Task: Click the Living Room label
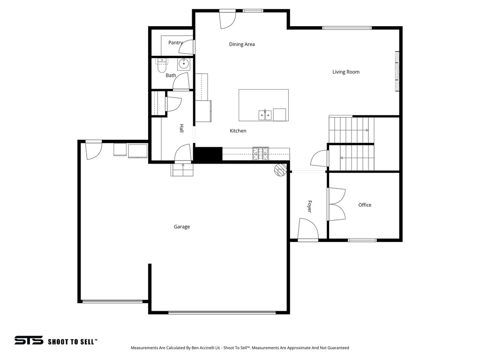[x=345, y=72]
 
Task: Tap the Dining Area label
[x=242, y=45]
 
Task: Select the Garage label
[x=182, y=227]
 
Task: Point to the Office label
[x=365, y=205]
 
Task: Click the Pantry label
[x=175, y=43]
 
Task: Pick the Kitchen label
[x=238, y=131]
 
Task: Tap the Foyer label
[x=309, y=206]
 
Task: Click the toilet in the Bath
[x=162, y=66]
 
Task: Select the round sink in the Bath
[x=184, y=64]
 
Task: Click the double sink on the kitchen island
[x=265, y=115]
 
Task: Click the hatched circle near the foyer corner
[x=280, y=170]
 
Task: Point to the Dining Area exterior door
[x=228, y=19]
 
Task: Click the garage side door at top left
[x=94, y=150]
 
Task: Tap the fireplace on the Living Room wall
[x=397, y=71]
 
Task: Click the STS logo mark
[x=29, y=340]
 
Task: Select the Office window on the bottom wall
[x=362, y=240]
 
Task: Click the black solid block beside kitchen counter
[x=208, y=155]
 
